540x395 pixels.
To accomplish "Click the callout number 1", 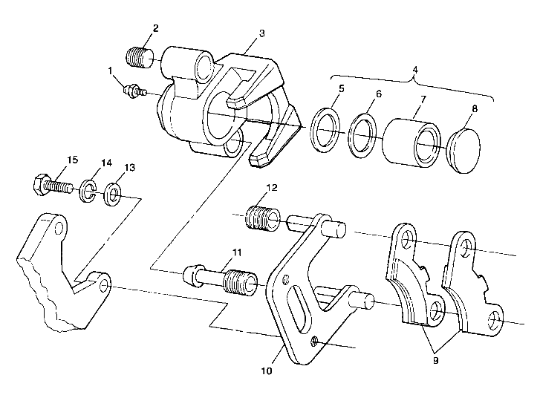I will [111, 71].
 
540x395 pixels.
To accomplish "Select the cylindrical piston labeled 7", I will [410, 140].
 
